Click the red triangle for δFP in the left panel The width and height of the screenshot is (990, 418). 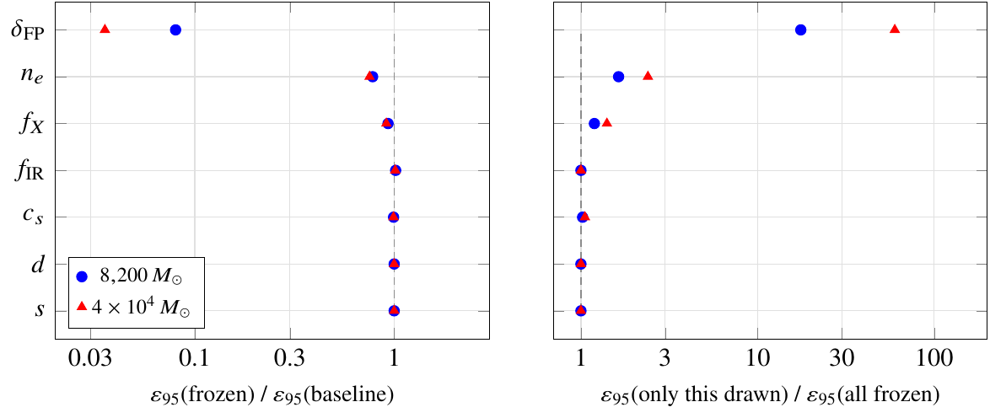(105, 29)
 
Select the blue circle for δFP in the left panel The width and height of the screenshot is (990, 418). (175, 29)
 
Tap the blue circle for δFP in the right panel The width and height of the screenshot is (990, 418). (800, 29)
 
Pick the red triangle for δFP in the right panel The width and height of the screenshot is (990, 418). (895, 29)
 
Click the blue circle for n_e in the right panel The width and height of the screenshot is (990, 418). (618, 77)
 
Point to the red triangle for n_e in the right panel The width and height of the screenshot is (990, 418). (647, 76)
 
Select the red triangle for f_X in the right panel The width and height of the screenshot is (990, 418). (607, 122)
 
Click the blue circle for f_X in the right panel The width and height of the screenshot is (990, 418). (595, 123)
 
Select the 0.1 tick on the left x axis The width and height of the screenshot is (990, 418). (195, 362)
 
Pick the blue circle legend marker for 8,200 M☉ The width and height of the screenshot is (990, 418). (81, 276)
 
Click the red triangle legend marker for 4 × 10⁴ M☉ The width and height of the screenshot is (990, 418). (81, 306)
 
